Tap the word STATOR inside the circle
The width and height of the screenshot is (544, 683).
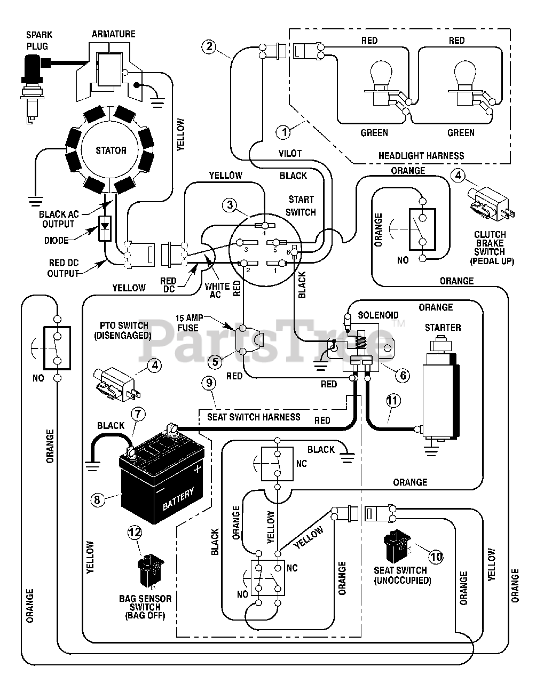coord(111,150)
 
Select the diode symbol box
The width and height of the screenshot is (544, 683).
coord(105,228)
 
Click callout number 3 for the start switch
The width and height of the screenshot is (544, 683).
coord(230,205)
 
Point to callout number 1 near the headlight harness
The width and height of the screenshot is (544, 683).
coord(283,132)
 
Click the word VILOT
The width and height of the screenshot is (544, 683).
coord(290,154)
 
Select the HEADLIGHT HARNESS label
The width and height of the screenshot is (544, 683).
coord(421,156)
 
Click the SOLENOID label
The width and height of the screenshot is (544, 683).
coord(378,315)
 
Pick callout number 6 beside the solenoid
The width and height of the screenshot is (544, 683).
coord(403,376)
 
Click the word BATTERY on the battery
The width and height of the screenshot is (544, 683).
coord(178,499)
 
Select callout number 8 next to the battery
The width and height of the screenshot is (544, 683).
coord(98,500)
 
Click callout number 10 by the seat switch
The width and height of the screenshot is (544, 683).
coord(436,557)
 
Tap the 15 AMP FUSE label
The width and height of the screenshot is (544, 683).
coord(189,323)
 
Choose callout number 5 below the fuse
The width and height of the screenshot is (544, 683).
coord(215,362)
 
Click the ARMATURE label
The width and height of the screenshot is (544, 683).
coord(113,34)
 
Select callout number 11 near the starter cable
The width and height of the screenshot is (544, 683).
coord(393,401)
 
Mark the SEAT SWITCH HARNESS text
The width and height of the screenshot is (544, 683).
coord(254,417)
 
